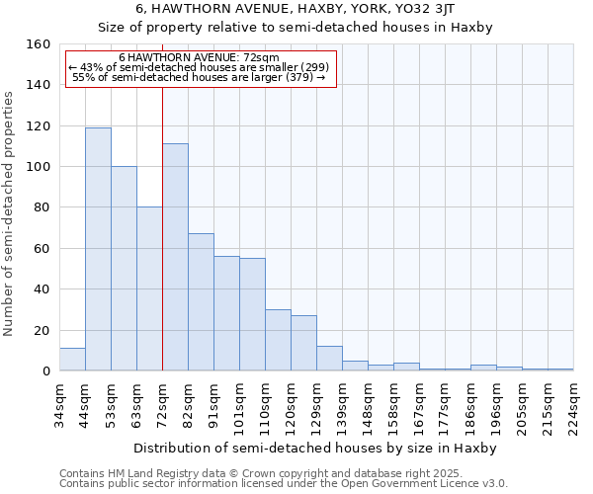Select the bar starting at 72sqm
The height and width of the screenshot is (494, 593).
(175, 257)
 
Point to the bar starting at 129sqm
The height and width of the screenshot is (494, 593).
(329, 359)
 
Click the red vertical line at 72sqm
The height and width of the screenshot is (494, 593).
(162, 247)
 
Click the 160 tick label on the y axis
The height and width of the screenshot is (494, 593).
(39, 44)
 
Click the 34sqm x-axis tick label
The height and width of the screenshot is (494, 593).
(60, 407)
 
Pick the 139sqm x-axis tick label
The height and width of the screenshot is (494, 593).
(342, 407)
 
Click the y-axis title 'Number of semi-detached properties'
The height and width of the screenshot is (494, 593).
(10, 208)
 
